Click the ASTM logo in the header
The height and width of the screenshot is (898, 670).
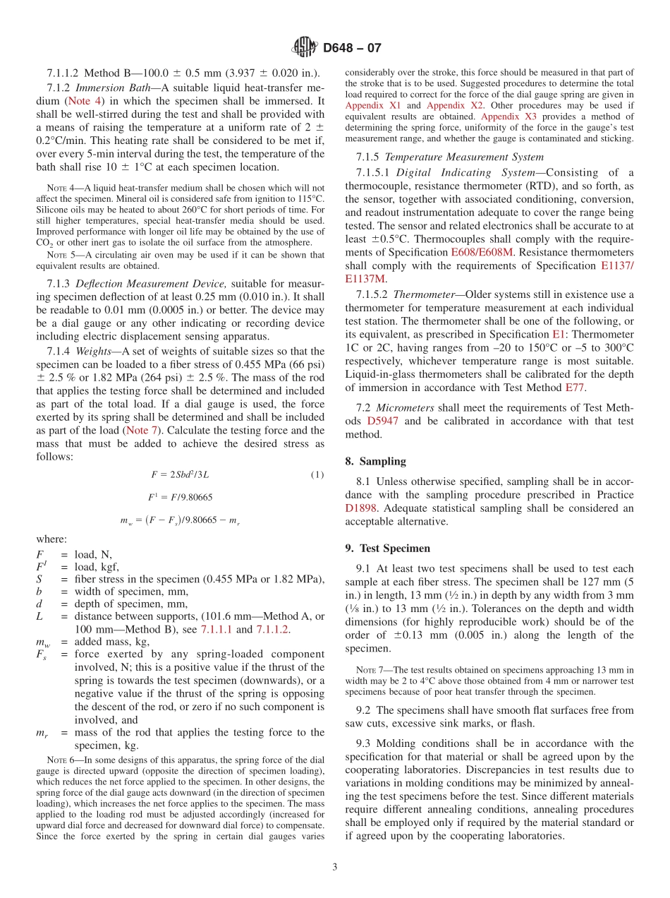305,48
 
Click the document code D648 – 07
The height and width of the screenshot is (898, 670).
352,49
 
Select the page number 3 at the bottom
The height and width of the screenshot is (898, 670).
335,867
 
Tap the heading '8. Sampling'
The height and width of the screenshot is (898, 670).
375,461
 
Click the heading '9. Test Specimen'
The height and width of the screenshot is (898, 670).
387,548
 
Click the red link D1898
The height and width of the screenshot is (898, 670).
361,508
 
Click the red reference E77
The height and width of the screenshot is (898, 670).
574,387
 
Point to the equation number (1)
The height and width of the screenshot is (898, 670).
317,475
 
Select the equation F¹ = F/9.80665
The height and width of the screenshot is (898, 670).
180,498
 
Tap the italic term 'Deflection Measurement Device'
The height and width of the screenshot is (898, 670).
152,284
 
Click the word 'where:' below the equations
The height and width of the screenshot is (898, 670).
51,539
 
